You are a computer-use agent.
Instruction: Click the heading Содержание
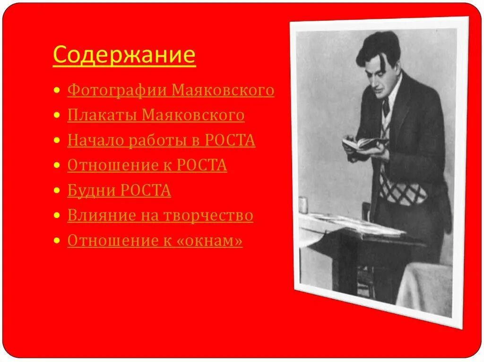pyautogui.click(x=124, y=55)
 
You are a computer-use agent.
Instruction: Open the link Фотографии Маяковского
pyautogui.click(x=171, y=90)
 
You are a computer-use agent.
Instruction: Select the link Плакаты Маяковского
pyautogui.click(x=156, y=115)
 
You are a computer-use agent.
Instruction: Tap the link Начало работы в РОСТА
pyautogui.click(x=161, y=140)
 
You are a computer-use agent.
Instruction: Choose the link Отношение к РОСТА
pyautogui.click(x=147, y=165)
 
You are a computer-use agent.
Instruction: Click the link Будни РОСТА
pyautogui.click(x=119, y=190)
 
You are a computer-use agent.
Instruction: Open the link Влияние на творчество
pyautogui.click(x=160, y=215)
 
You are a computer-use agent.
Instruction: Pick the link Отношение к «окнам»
pyautogui.click(x=155, y=241)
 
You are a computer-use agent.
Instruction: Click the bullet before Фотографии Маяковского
pyautogui.click(x=57, y=90)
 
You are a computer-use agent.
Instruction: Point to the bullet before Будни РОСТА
pyautogui.click(x=57, y=191)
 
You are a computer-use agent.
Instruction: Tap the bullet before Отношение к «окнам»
pyautogui.click(x=57, y=241)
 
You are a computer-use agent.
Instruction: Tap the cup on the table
pyautogui.click(x=303, y=204)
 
